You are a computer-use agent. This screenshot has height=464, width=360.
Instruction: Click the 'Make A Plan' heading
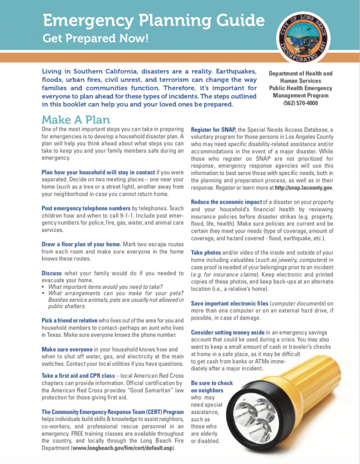coord(76,119)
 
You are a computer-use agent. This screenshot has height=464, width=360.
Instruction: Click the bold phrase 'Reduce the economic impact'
coord(228,202)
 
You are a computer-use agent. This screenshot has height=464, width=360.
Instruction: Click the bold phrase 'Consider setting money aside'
coord(229,332)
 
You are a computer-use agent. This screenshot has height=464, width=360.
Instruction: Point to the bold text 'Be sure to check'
coord(212,383)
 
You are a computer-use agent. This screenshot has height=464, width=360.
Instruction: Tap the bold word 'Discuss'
coord(51,273)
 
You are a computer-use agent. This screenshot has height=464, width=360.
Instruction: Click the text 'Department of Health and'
coord(300,74)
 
